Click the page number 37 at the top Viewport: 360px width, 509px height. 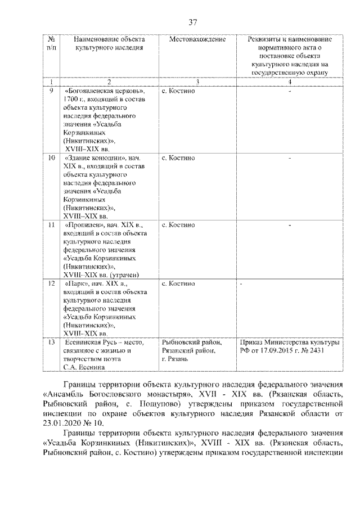[x=192, y=22]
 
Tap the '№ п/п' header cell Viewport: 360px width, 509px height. [x=51, y=44]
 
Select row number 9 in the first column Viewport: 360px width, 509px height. [x=51, y=91]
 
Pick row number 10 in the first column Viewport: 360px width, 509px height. [x=51, y=158]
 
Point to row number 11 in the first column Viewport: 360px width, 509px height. [x=51, y=226]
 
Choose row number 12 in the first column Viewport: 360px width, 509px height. [x=51, y=285]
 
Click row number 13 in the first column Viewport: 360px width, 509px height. [x=51, y=342]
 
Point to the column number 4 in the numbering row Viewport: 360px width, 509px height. [x=289, y=82]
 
